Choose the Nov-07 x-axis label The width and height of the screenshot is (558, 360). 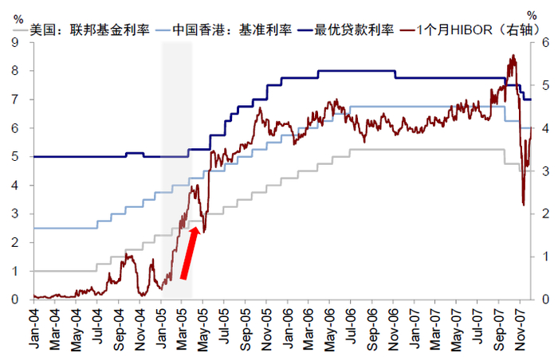[519, 327]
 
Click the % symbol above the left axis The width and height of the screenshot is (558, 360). [19, 17]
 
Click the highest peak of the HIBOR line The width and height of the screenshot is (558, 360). [512, 56]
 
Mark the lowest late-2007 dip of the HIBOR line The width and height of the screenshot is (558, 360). [523, 205]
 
